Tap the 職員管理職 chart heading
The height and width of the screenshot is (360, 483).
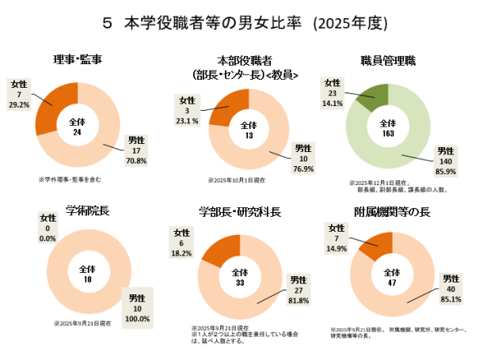point(388,61)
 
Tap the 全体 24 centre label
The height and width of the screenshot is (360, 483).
point(78,127)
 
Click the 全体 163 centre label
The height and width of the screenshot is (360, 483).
point(388,128)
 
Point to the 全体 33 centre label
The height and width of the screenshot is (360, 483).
point(239,279)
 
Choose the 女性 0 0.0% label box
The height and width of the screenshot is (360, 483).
point(48,229)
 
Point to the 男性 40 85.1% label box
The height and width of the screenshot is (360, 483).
point(451,290)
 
